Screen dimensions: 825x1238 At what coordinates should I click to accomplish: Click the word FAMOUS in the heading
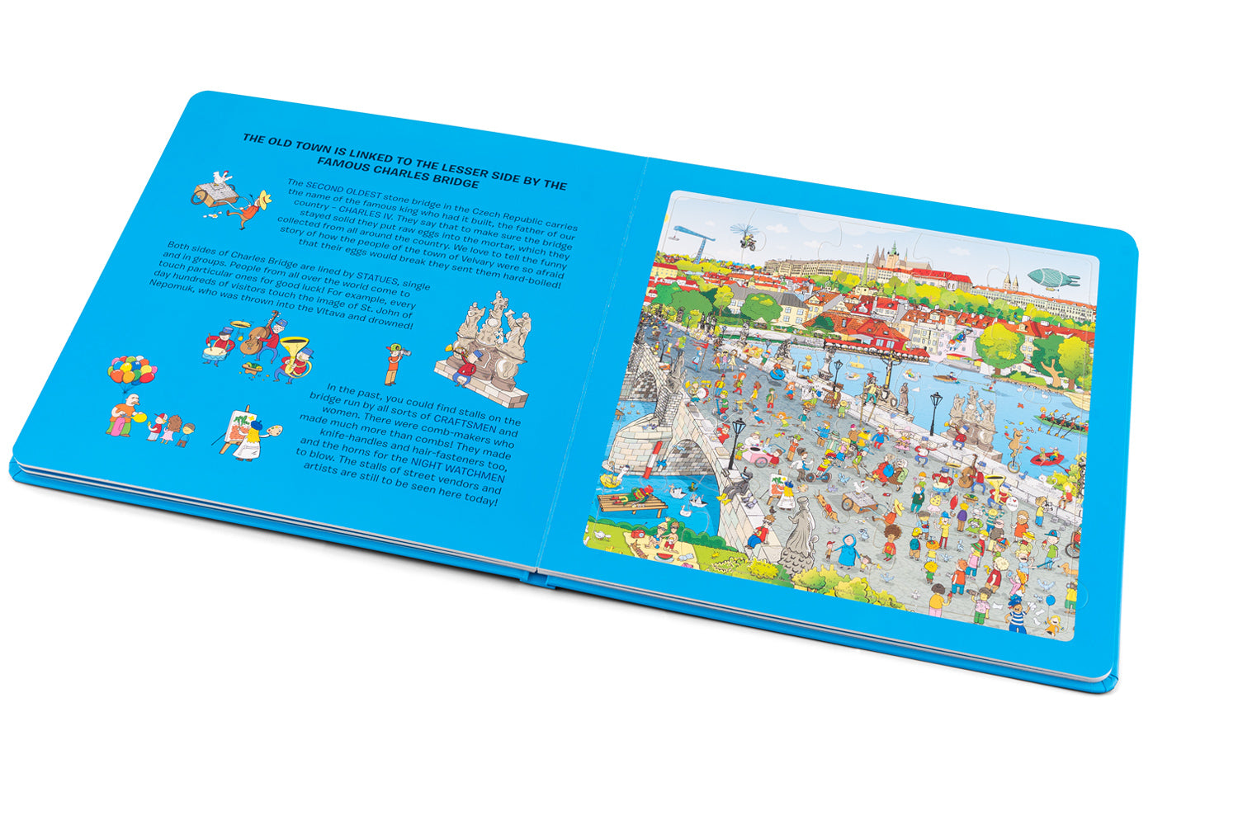344,172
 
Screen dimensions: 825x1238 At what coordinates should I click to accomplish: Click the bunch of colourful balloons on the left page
131,370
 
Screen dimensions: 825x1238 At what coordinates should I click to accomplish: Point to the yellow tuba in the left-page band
293,351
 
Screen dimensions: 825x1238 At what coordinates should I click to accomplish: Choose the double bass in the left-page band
262,334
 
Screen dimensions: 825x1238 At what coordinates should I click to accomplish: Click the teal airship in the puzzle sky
1053,277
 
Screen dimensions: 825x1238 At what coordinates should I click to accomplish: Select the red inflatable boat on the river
1048,459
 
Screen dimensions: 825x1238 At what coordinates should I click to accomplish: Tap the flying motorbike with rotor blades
747,237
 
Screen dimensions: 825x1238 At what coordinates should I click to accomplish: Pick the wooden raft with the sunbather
632,500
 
